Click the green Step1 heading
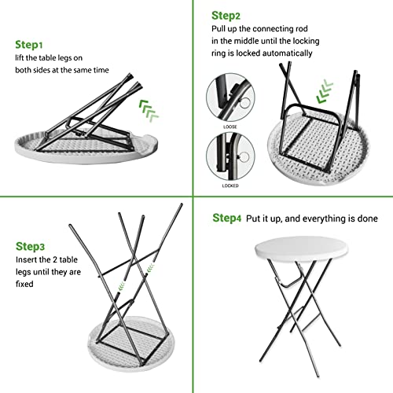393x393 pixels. click(29, 45)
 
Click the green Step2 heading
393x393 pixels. click(226, 16)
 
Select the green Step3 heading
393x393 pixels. click(30, 247)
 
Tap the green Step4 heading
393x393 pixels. click(226, 218)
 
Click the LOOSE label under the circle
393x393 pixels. click(230, 127)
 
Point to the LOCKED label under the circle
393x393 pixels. click(230, 185)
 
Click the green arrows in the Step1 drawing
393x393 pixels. click(149, 111)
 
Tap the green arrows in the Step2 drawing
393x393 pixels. click(325, 91)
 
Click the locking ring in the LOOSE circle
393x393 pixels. click(246, 104)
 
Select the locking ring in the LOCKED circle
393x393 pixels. click(244, 157)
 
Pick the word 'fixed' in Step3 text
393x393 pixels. click(24, 284)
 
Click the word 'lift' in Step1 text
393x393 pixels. click(19, 57)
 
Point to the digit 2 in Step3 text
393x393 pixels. click(55, 259)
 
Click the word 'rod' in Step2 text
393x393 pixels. click(302, 28)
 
